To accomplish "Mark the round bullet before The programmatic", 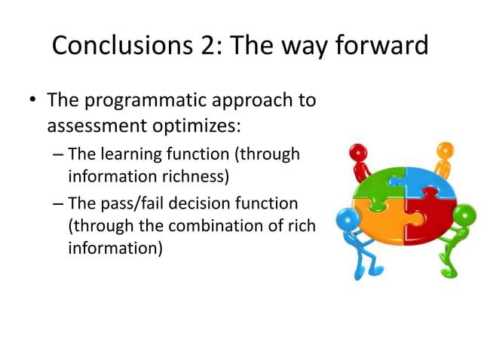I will (31, 101).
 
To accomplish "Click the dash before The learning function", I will (59, 155).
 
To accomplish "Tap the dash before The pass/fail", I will (59, 204).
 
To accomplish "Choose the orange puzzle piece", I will (383, 223).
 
